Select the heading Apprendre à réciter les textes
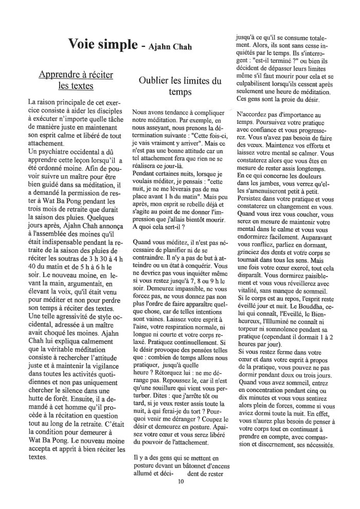(76, 80)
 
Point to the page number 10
(181, 482)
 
